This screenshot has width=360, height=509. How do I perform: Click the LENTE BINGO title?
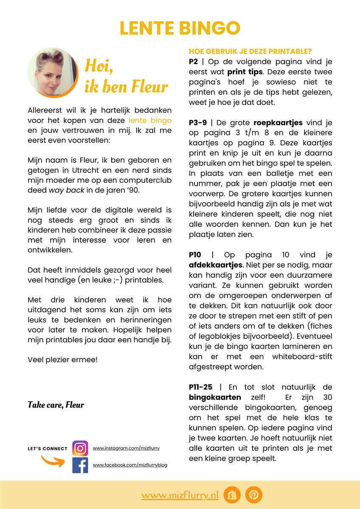pos(180,28)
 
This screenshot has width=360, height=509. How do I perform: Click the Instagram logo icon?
pos(80,448)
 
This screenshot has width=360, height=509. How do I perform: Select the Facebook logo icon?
pos(80,465)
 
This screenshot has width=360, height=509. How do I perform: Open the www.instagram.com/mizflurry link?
pos(126,448)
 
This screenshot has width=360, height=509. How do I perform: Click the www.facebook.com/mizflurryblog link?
pos(130,465)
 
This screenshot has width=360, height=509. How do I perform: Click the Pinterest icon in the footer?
pos(253,495)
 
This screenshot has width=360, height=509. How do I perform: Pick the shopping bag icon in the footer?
pos(232,495)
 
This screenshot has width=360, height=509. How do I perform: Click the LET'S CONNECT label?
pos(48,449)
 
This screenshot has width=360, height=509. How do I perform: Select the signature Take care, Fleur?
pos(56,405)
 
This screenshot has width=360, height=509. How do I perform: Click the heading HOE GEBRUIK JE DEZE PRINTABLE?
pos(250,51)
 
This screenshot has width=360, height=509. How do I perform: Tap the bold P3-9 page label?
pos(198,123)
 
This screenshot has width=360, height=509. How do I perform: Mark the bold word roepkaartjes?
pos(278,123)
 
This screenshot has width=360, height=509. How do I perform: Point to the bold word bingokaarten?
pos(215,397)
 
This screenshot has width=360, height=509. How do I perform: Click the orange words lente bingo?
pos(151,120)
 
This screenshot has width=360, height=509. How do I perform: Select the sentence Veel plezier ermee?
pos(62,360)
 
